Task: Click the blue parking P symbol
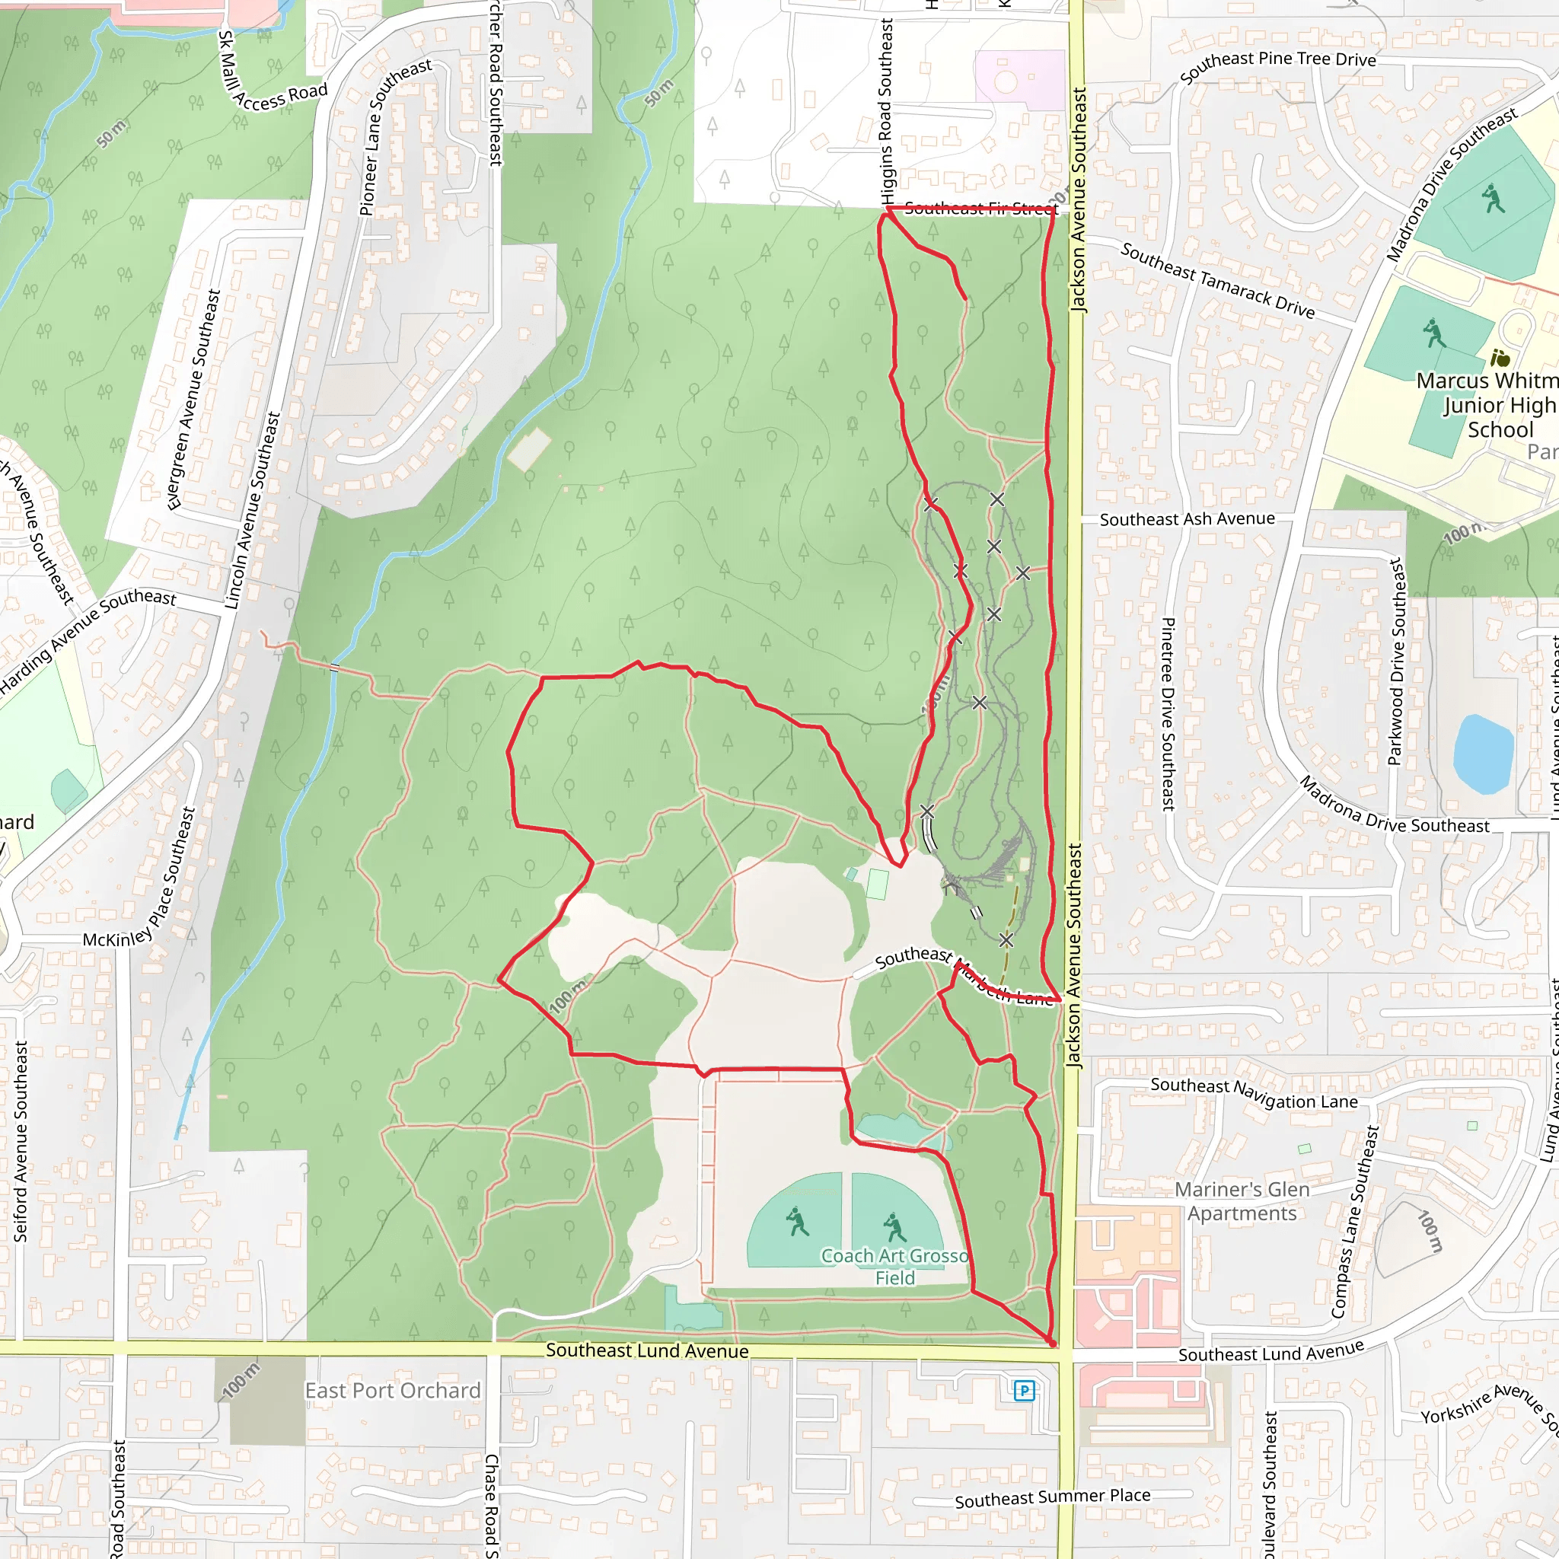1024,1389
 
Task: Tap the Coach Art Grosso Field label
895,1266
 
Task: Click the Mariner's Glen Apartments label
1242,1201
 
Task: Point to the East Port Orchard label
392,1390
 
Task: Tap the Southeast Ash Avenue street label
1187,519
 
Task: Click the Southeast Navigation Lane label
1254,1093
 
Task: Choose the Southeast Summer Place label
1052,1497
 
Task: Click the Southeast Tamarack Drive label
1217,281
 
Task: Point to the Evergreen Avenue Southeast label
193,400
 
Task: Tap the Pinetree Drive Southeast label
1168,714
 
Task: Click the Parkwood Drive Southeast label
1395,661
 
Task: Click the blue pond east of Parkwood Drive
1483,755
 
